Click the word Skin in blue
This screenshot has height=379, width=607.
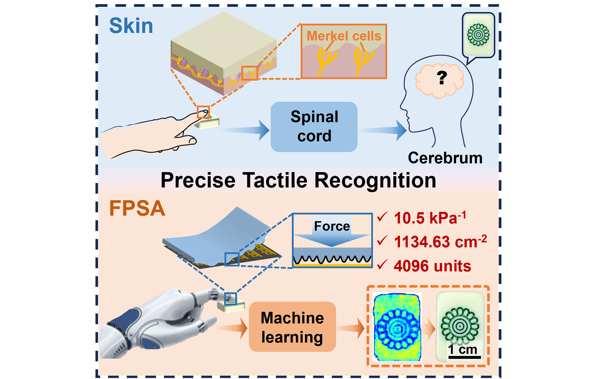click(x=131, y=26)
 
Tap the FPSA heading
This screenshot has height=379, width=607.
click(x=137, y=209)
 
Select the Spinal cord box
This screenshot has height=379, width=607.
click(x=314, y=127)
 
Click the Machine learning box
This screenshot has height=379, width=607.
click(x=292, y=327)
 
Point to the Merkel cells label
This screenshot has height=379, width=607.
click(x=344, y=36)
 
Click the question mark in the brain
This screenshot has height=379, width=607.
click(x=441, y=78)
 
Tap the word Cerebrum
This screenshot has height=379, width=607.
click(x=445, y=158)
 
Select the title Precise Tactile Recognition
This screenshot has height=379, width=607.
click(x=298, y=180)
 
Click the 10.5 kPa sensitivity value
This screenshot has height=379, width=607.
click(x=430, y=218)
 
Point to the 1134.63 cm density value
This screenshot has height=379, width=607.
click(x=440, y=242)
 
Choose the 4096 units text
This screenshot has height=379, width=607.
click(x=432, y=266)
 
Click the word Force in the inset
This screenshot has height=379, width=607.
click(x=332, y=226)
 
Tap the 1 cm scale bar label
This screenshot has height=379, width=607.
click(x=462, y=349)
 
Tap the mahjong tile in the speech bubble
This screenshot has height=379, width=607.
click(x=478, y=34)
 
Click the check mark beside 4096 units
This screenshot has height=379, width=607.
click(x=382, y=265)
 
